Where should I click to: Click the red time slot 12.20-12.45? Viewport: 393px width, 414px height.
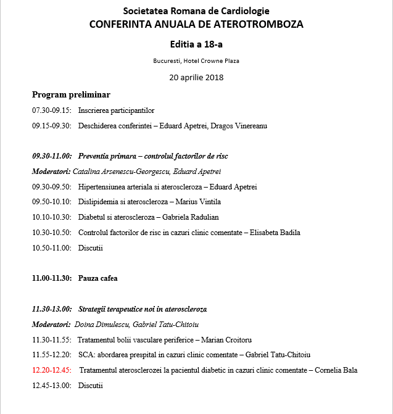[x=52, y=370]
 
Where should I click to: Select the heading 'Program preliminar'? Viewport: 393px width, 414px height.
[x=71, y=94]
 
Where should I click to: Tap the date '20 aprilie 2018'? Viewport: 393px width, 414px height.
[x=196, y=78]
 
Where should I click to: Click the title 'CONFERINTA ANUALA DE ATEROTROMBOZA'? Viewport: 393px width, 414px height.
[x=196, y=25]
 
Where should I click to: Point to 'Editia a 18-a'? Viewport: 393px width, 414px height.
[x=196, y=44]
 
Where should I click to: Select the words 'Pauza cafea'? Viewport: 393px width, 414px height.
[x=97, y=278]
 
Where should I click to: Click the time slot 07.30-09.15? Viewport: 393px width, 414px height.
[x=52, y=110]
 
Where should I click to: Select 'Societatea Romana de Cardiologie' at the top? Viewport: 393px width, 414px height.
[x=196, y=12]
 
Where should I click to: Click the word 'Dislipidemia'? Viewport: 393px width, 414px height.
[x=97, y=202]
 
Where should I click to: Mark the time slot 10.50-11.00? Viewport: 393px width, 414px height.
[x=52, y=248]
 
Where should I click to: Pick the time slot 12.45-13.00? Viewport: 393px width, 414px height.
[x=52, y=386]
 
